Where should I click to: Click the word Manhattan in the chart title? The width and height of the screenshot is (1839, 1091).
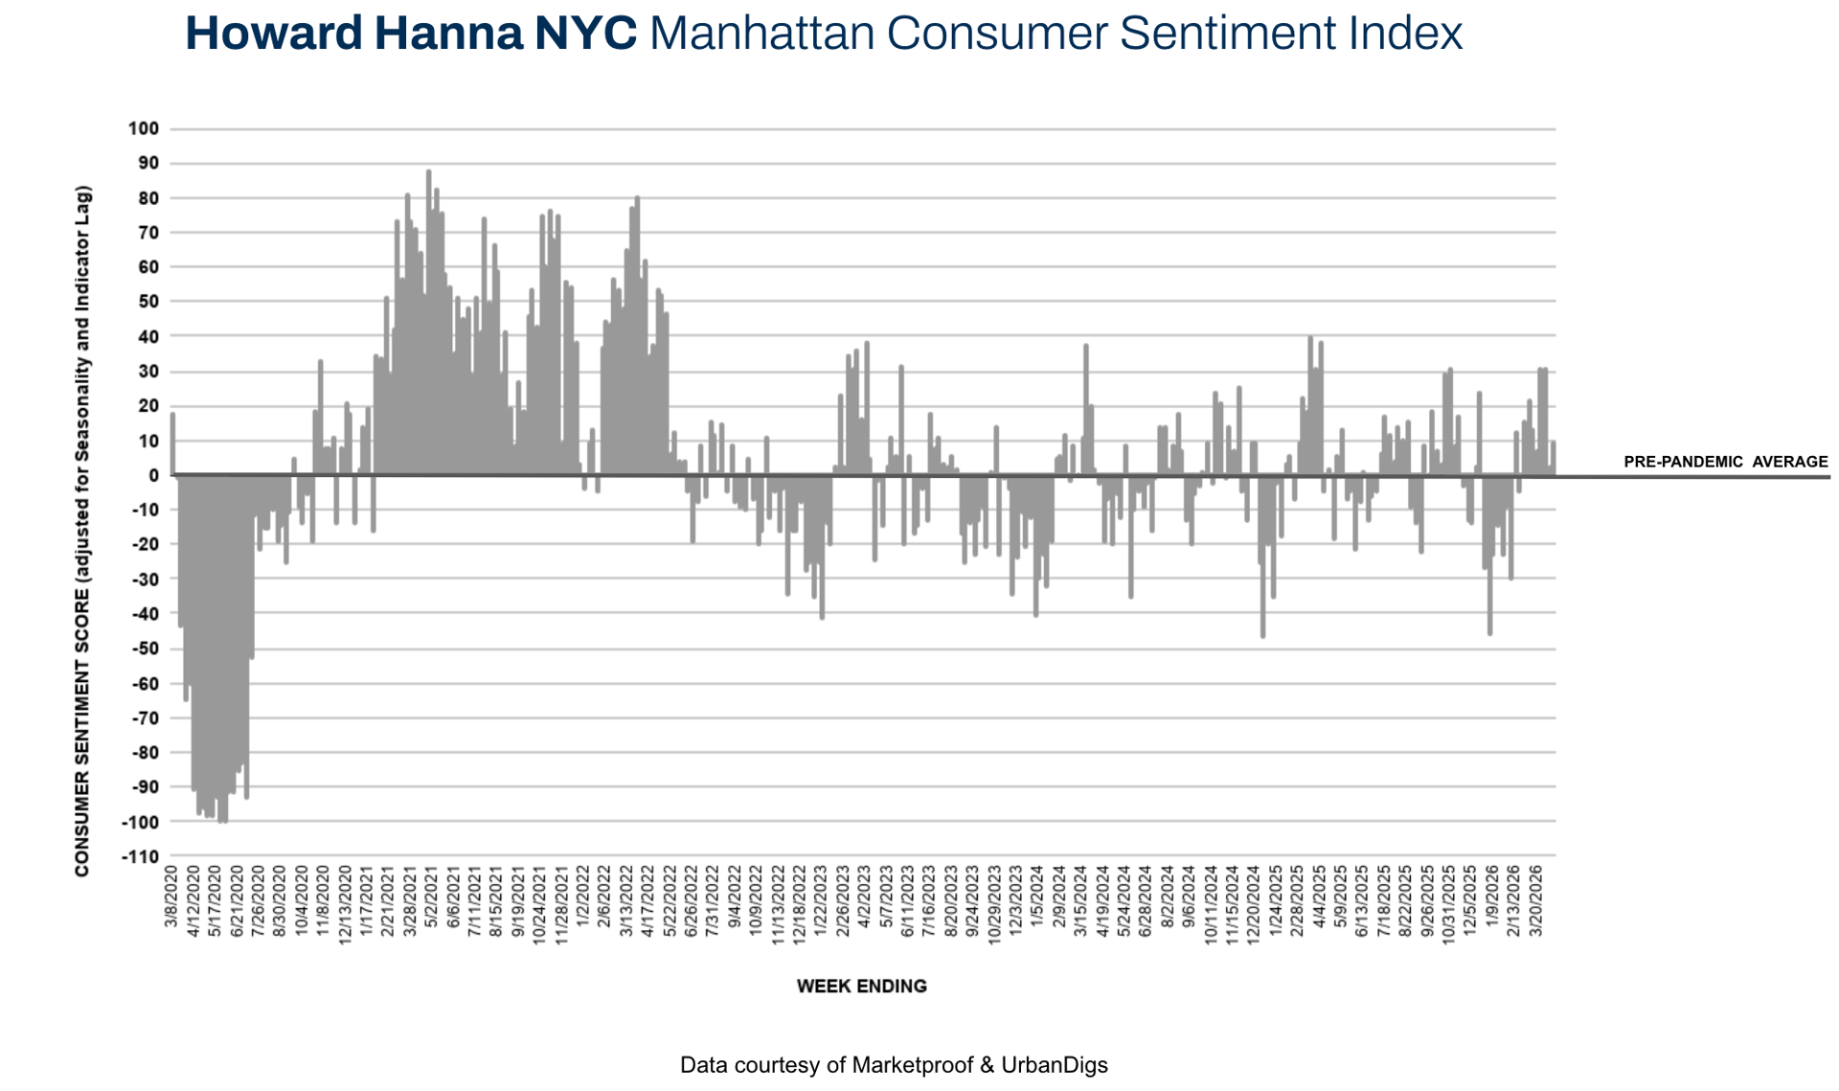pyautogui.click(x=761, y=33)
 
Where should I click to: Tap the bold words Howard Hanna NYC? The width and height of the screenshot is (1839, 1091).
pyautogui.click(x=410, y=33)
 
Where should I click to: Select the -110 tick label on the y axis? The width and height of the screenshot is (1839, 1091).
pyautogui.click(x=140, y=856)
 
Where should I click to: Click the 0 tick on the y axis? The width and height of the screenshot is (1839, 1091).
pyautogui.click(x=153, y=475)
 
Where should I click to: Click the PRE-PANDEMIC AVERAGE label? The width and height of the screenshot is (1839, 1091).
pyautogui.click(x=1725, y=462)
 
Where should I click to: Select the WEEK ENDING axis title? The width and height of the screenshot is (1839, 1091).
pyautogui.click(x=861, y=986)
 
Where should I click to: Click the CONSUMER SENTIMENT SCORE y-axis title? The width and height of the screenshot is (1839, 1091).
pyautogui.click(x=82, y=531)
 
